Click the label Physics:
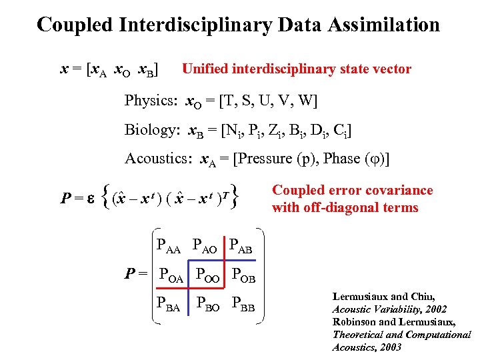[x=150, y=101]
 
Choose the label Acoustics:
[x=159, y=159]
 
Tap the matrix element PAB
[x=243, y=245]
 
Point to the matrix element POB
[x=244, y=274]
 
